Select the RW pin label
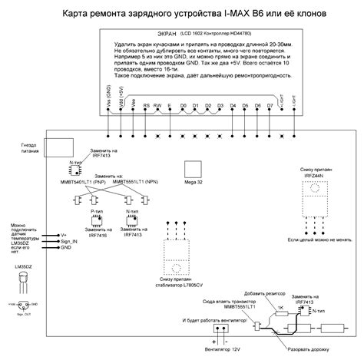(x=157, y=105)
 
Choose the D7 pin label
(x=270, y=105)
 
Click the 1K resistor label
(x=281, y=306)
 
